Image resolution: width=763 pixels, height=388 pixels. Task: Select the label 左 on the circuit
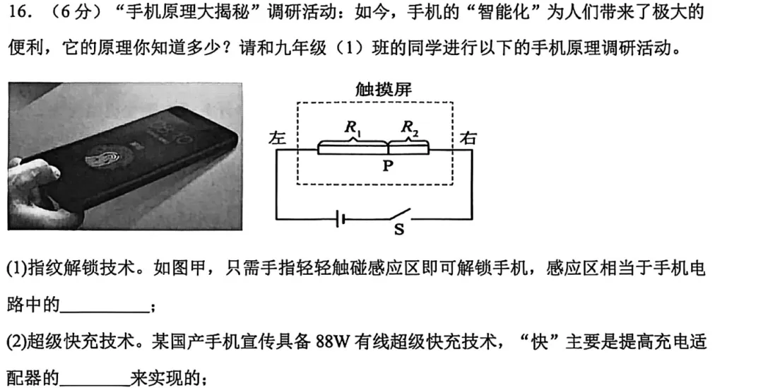278,139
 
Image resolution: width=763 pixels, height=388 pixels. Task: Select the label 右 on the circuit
468,138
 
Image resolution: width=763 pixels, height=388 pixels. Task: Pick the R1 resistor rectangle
352,148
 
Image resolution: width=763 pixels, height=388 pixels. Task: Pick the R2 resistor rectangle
408,148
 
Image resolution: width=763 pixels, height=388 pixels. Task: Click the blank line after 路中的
105,306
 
